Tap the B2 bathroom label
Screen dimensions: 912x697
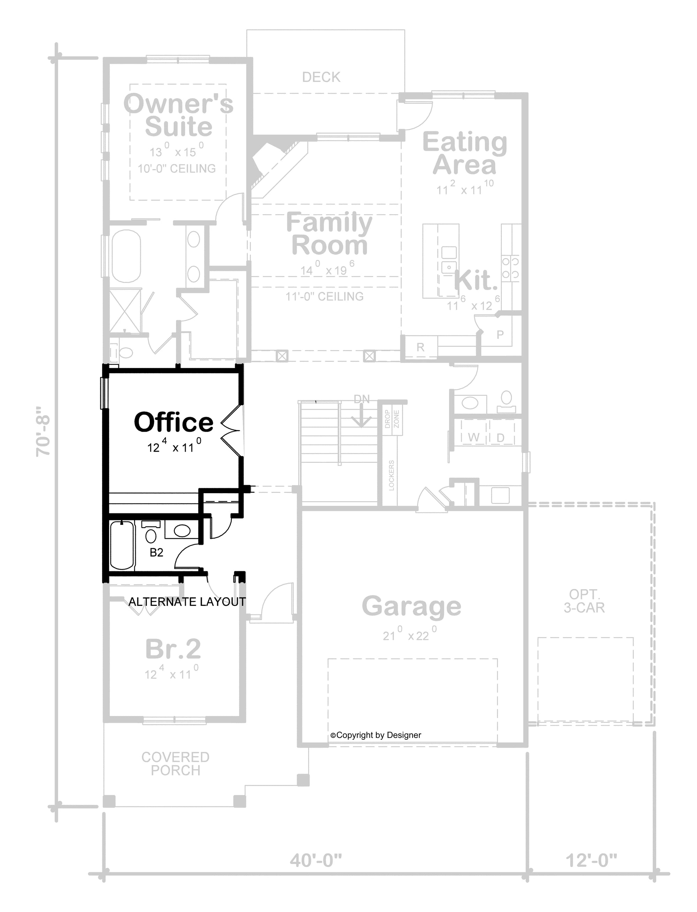pyautogui.click(x=156, y=552)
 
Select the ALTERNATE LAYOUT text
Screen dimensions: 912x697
pyautogui.click(x=187, y=602)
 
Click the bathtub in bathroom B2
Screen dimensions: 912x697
pyautogui.click(x=122, y=545)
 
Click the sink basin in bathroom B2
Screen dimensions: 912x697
pyautogui.click(x=182, y=530)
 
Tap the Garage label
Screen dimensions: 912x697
pyautogui.click(x=411, y=606)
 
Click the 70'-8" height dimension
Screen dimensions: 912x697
pyautogui.click(x=43, y=432)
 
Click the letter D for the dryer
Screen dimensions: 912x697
pyautogui.click(x=500, y=437)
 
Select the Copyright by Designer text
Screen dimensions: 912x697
pyautogui.click(x=376, y=736)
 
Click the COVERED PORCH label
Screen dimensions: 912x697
pyautogui.click(x=176, y=764)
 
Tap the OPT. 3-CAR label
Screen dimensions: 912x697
pyautogui.click(x=584, y=601)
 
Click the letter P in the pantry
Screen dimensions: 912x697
pyautogui.click(x=500, y=334)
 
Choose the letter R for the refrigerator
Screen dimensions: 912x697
pyautogui.click(x=420, y=347)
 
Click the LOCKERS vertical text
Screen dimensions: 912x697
pyautogui.click(x=391, y=475)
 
